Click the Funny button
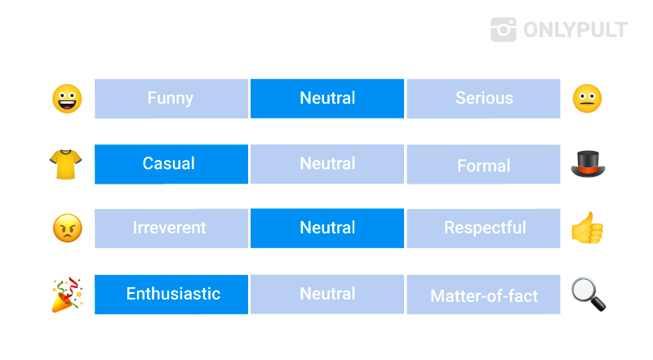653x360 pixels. [x=171, y=99]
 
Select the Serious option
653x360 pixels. [x=483, y=99]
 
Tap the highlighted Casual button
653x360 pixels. [x=171, y=164]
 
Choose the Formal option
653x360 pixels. [x=483, y=164]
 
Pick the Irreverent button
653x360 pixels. [x=171, y=229]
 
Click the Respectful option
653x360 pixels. [x=483, y=229]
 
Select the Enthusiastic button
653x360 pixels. [x=171, y=294]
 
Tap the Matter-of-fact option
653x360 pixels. [x=483, y=294]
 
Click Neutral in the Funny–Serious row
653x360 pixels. [x=327, y=99]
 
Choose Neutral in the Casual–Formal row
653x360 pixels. [x=327, y=164]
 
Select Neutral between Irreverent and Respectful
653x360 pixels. [x=327, y=229]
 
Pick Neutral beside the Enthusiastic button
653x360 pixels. [x=327, y=294]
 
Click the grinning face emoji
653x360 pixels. [x=67, y=99]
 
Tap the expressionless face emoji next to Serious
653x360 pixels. [x=587, y=99]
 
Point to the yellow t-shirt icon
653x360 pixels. [x=66, y=164]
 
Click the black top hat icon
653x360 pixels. [x=588, y=164]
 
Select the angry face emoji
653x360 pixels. [x=68, y=229]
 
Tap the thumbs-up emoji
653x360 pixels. [x=587, y=228]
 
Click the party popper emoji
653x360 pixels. [x=67, y=295]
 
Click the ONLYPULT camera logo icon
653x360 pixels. [x=504, y=29]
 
